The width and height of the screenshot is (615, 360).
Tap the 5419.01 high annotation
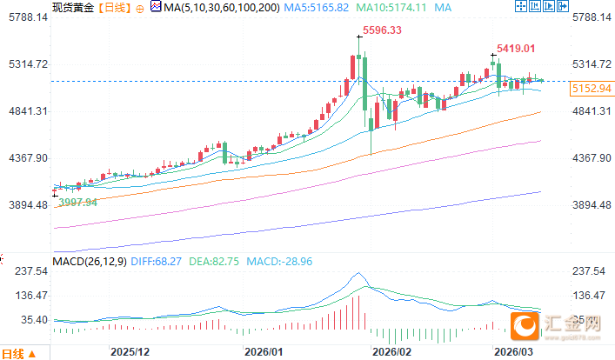click(515, 49)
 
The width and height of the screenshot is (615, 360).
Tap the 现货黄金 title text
click(72, 7)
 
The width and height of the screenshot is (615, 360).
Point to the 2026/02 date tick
click(391, 352)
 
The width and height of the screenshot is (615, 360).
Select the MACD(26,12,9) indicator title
click(89, 260)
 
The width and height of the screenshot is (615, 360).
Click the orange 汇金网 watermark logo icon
click(525, 325)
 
